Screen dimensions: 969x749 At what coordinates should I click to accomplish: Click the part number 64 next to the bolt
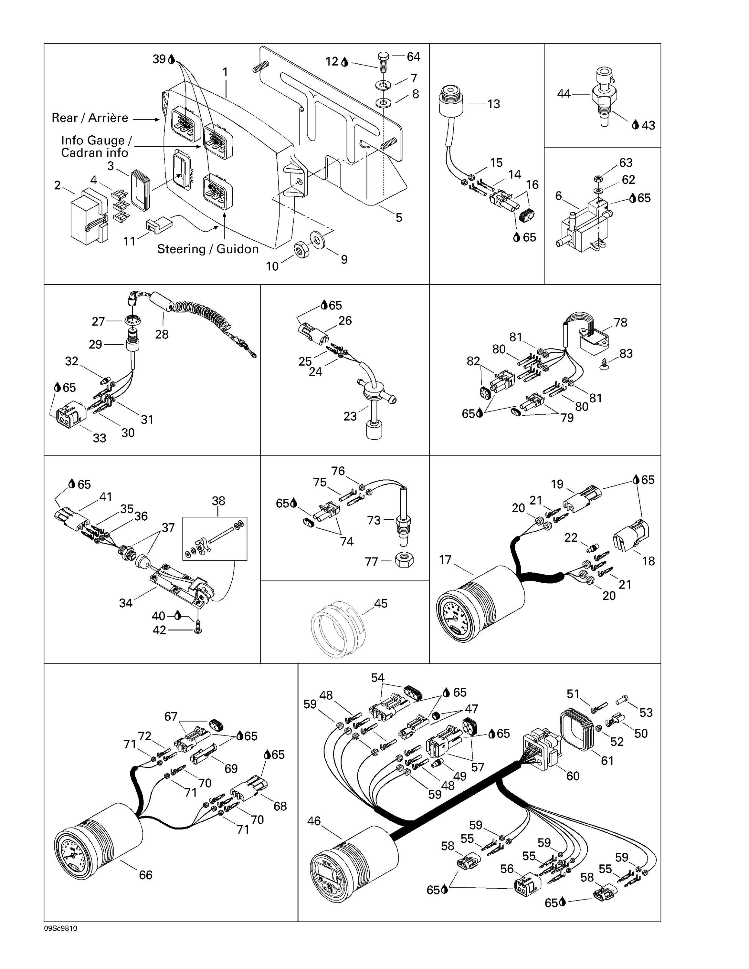(413, 57)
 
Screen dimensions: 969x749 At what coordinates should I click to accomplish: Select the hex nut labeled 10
(302, 251)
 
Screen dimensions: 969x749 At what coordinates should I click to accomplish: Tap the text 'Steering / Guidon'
(208, 249)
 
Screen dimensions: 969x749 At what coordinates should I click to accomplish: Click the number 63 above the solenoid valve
(626, 163)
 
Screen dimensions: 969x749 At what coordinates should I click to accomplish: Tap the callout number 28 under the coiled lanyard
(162, 335)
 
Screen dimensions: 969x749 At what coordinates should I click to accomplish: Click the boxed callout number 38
(218, 501)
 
